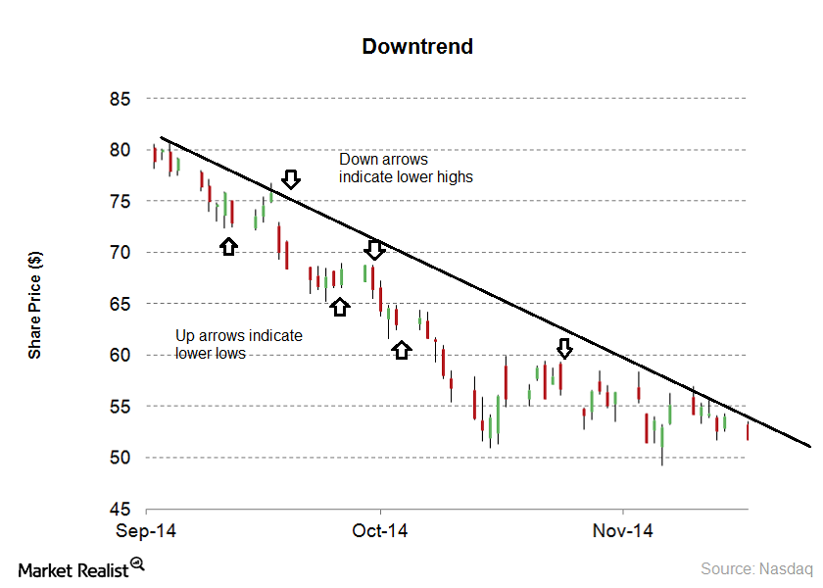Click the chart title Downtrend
[x=417, y=46]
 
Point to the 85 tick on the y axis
[x=121, y=99]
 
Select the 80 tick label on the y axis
[x=121, y=150]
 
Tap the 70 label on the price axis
[x=121, y=253]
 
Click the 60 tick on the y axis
[x=121, y=355]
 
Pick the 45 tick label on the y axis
[x=121, y=510]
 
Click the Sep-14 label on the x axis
[x=146, y=531]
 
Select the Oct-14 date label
[x=380, y=531]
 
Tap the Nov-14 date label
[x=623, y=531]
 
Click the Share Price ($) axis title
[x=35, y=304]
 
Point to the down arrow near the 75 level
[x=290, y=178]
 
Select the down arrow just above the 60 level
[x=564, y=348]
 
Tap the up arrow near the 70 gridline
[x=228, y=246]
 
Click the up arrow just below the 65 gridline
[x=339, y=306]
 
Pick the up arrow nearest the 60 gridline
[x=401, y=349]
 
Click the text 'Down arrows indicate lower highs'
[x=406, y=168]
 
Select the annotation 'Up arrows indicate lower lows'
[x=239, y=344]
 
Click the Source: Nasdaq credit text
[x=756, y=568]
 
